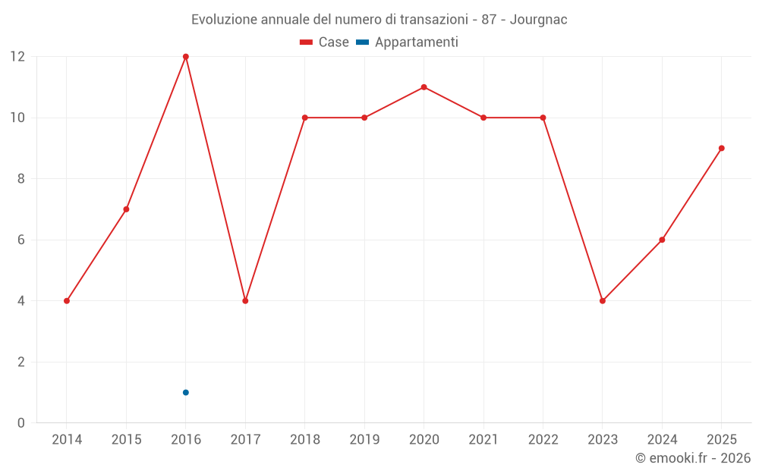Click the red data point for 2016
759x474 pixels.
pyautogui.click(x=186, y=57)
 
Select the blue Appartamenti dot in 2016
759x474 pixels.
pyautogui.click(x=186, y=392)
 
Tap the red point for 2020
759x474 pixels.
pyautogui.click(x=424, y=87)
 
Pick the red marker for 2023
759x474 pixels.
pyautogui.click(x=603, y=301)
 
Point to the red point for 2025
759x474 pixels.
pyautogui.click(x=722, y=149)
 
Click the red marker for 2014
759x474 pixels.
pyautogui.click(x=67, y=301)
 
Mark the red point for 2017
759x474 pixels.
pyautogui.click(x=245, y=301)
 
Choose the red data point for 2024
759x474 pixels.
pyautogui.click(x=662, y=240)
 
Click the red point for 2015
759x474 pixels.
pyautogui.click(x=126, y=209)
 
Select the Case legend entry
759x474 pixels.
pyautogui.click(x=324, y=42)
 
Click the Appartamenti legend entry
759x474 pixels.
pyautogui.click(x=407, y=42)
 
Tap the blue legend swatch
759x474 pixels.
pyautogui.click(x=363, y=42)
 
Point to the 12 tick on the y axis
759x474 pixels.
pyautogui.click(x=17, y=57)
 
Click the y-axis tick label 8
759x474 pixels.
pyautogui.click(x=20, y=179)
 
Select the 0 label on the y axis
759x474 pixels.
pyautogui.click(x=20, y=423)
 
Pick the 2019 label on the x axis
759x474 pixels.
pyautogui.click(x=364, y=439)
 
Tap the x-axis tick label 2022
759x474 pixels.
pyautogui.click(x=543, y=439)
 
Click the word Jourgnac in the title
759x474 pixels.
pyautogui.click(x=538, y=20)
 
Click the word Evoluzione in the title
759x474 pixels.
pyautogui.click(x=223, y=20)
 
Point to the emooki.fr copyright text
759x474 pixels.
pyautogui.click(x=693, y=457)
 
